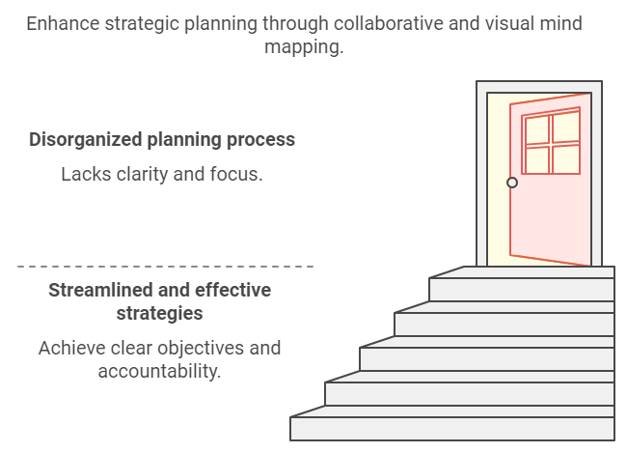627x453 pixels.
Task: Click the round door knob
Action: (x=512, y=182)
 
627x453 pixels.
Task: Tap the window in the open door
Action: (x=550, y=144)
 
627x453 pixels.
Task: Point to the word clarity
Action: (x=148, y=175)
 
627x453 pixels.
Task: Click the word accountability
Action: (x=159, y=371)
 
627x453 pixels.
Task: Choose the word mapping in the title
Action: (x=303, y=46)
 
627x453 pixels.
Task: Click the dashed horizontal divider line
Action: (x=165, y=266)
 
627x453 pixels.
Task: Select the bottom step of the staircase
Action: (x=451, y=429)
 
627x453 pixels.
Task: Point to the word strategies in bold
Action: (x=159, y=313)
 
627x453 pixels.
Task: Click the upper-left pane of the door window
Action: (x=536, y=130)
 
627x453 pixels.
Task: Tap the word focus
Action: (x=238, y=175)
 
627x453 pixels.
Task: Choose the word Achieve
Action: (x=71, y=348)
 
